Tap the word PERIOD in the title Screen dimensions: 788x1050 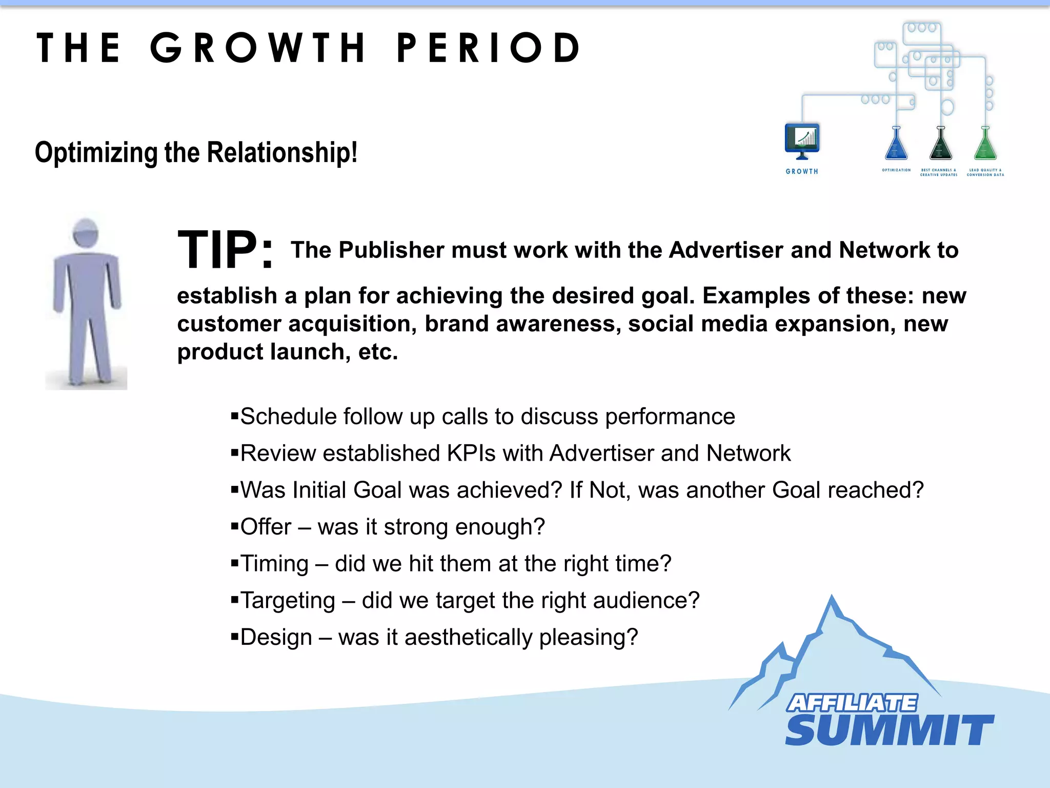(x=488, y=48)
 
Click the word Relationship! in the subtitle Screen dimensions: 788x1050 (x=282, y=152)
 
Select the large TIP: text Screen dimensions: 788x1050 (x=225, y=250)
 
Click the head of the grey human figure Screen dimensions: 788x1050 (x=86, y=233)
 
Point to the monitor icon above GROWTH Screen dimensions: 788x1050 (x=802, y=140)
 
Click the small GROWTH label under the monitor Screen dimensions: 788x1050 (x=802, y=171)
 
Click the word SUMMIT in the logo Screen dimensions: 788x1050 (x=889, y=730)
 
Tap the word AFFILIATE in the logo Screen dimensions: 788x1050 (x=852, y=703)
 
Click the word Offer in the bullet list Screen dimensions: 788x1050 (x=266, y=527)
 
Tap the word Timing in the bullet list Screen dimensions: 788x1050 (x=274, y=564)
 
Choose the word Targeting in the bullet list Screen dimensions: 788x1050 (x=288, y=601)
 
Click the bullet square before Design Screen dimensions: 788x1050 (x=235, y=637)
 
